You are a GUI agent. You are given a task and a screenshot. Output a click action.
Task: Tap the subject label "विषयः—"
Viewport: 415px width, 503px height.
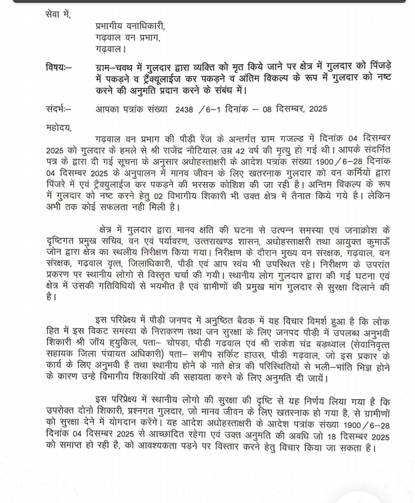point(58,69)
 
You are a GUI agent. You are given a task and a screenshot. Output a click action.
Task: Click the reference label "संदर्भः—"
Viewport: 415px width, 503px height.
point(58,108)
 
